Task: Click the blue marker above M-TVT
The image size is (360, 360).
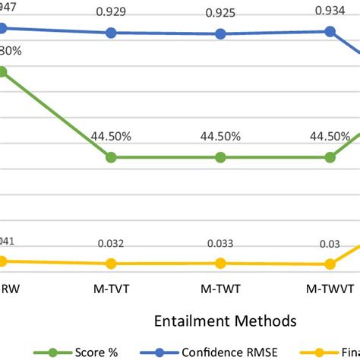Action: coord(111,33)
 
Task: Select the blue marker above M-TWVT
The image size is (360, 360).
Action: coord(330,31)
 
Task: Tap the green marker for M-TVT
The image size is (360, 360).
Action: coord(111,157)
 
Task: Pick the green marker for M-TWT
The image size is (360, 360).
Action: coord(220,157)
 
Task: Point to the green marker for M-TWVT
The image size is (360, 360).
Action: coord(330,157)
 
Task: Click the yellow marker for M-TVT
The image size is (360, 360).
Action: coord(111,264)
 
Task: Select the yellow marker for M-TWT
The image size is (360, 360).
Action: coord(220,263)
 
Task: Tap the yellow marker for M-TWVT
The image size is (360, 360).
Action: coord(330,264)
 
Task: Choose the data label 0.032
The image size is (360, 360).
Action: coord(111,245)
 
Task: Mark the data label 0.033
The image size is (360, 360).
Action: coord(220,245)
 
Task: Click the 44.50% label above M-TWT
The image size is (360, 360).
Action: coord(220,137)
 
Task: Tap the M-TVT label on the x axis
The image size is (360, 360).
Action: coord(111,289)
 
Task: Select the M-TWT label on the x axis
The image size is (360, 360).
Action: coord(220,289)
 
